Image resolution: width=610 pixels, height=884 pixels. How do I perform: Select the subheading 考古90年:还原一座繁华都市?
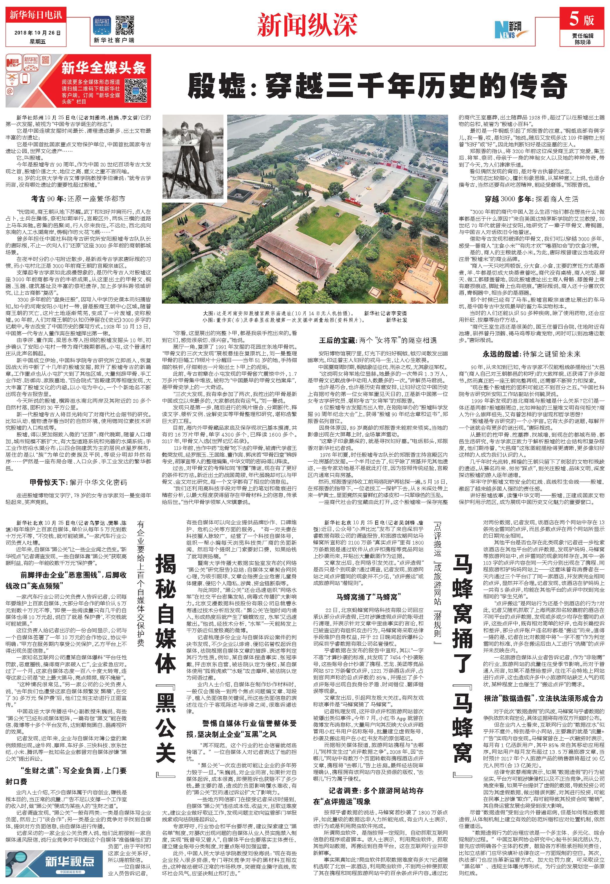pos(78,199)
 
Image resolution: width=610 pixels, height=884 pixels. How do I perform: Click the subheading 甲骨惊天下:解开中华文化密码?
pos(78,482)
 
